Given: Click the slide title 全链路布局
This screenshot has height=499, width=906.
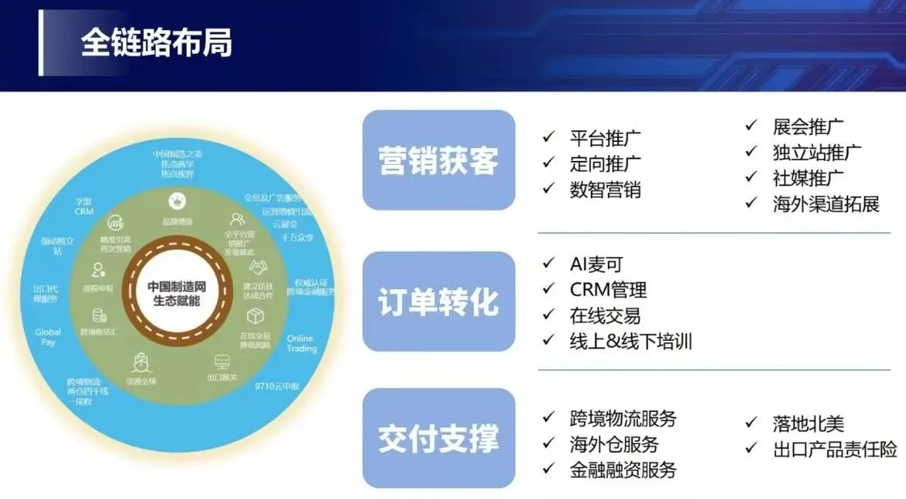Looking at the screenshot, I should (x=156, y=44).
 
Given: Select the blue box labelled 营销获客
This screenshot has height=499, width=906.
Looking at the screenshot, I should (x=438, y=160).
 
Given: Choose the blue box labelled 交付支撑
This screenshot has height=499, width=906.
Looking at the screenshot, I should (x=438, y=439).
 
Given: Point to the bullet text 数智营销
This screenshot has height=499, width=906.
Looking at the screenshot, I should (x=605, y=189).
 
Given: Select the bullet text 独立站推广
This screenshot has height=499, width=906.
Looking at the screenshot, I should (x=817, y=153).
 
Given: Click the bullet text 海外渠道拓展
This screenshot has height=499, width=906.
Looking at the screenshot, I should (x=826, y=204).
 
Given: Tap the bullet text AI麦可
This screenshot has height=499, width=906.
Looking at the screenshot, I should (x=595, y=263).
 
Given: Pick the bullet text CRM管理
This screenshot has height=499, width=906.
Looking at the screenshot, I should (x=608, y=290).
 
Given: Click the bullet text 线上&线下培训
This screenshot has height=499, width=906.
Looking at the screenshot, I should (x=630, y=341).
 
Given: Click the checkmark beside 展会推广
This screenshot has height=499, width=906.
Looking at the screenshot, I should (x=751, y=125).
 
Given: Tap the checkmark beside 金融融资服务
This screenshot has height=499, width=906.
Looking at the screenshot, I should (x=548, y=469).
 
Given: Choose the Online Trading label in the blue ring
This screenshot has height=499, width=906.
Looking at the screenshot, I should (x=301, y=343).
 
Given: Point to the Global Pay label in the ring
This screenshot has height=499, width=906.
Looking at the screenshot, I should (x=48, y=337).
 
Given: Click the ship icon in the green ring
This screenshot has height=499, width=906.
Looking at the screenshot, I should (x=142, y=362).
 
